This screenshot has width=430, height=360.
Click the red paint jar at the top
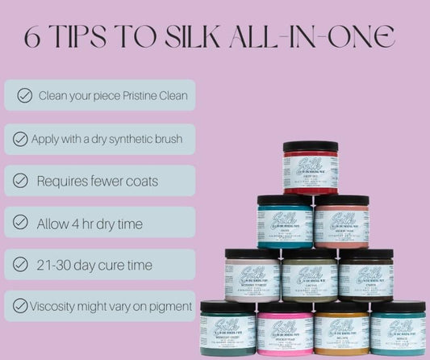[311, 167]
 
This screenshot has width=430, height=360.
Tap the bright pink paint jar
[285, 329]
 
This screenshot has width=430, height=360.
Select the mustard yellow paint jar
[341, 329]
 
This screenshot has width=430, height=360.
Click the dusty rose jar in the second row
[341, 221]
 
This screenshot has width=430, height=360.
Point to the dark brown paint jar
[365, 275]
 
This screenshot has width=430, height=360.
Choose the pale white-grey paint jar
[253, 275]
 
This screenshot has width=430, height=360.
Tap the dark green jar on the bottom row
[228, 329]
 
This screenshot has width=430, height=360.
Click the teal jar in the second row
[284, 221]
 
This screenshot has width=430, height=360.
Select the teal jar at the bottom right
[398, 329]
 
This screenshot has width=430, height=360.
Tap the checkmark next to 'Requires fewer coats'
[21, 181]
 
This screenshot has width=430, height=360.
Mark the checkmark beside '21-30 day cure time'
[21, 264]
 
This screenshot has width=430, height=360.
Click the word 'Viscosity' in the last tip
[57, 306]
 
